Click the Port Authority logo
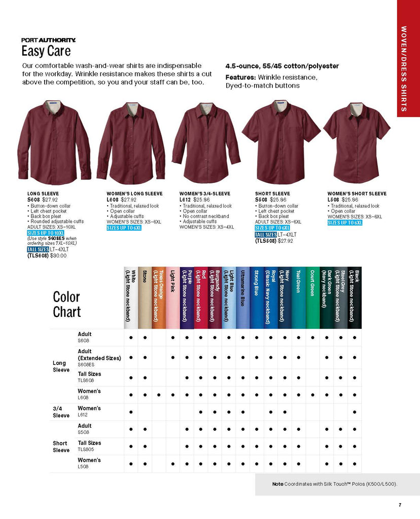point(49,40)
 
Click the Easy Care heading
point(46,51)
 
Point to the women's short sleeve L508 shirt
point(357,142)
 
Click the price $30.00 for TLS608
point(58,255)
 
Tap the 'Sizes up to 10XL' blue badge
point(45,233)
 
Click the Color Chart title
point(66,304)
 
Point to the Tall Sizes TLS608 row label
point(89,377)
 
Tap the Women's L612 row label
point(89,411)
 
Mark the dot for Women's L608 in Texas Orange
point(159,395)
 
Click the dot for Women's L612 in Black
point(355,412)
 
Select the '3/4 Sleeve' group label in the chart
point(61,412)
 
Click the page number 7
point(400,504)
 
